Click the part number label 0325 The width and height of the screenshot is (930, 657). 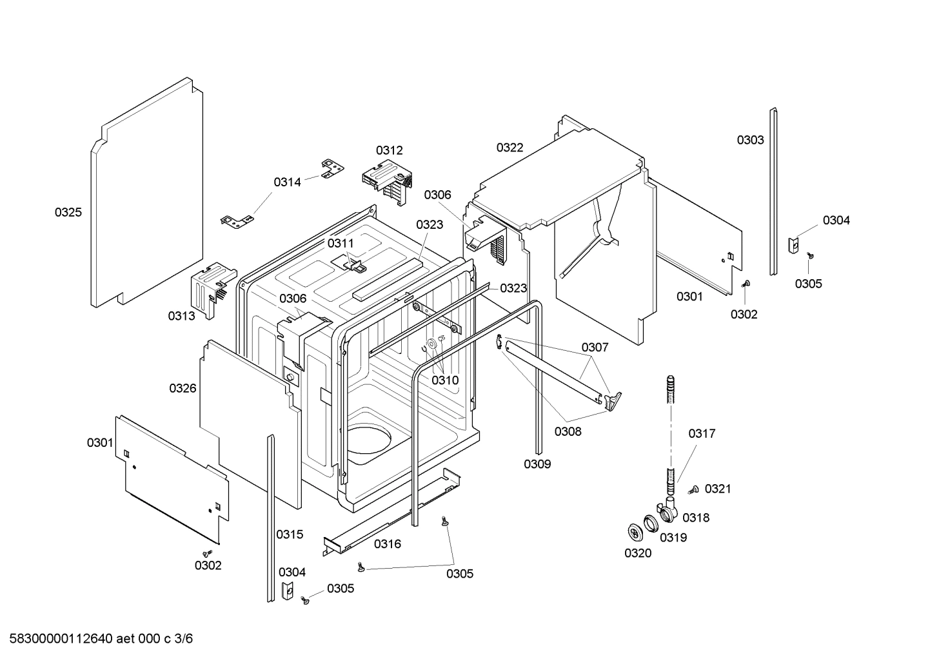pos(68,212)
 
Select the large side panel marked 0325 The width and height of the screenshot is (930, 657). pos(147,193)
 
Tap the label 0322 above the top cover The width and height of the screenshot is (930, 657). pos(510,148)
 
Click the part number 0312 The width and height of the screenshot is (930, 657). pos(389,150)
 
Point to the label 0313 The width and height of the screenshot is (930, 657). pos(181,316)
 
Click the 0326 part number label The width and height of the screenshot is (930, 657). pos(183,388)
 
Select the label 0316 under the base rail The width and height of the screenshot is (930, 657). pos(388,544)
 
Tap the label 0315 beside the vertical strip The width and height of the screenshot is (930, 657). pos(290,534)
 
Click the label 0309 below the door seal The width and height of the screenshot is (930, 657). pos(537,464)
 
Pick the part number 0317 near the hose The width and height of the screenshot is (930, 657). pos(702,434)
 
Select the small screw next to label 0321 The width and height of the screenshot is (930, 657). pos(694,490)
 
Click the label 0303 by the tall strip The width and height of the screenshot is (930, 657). pos(750,140)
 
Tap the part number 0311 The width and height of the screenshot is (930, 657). pos(341,243)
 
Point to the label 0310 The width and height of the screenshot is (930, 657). pos(445,380)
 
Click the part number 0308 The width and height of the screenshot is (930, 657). pos(568,431)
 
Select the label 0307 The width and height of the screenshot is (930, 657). pos(595,348)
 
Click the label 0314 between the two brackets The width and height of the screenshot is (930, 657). pos(287,182)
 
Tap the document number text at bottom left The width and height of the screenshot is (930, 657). pos(97,639)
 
